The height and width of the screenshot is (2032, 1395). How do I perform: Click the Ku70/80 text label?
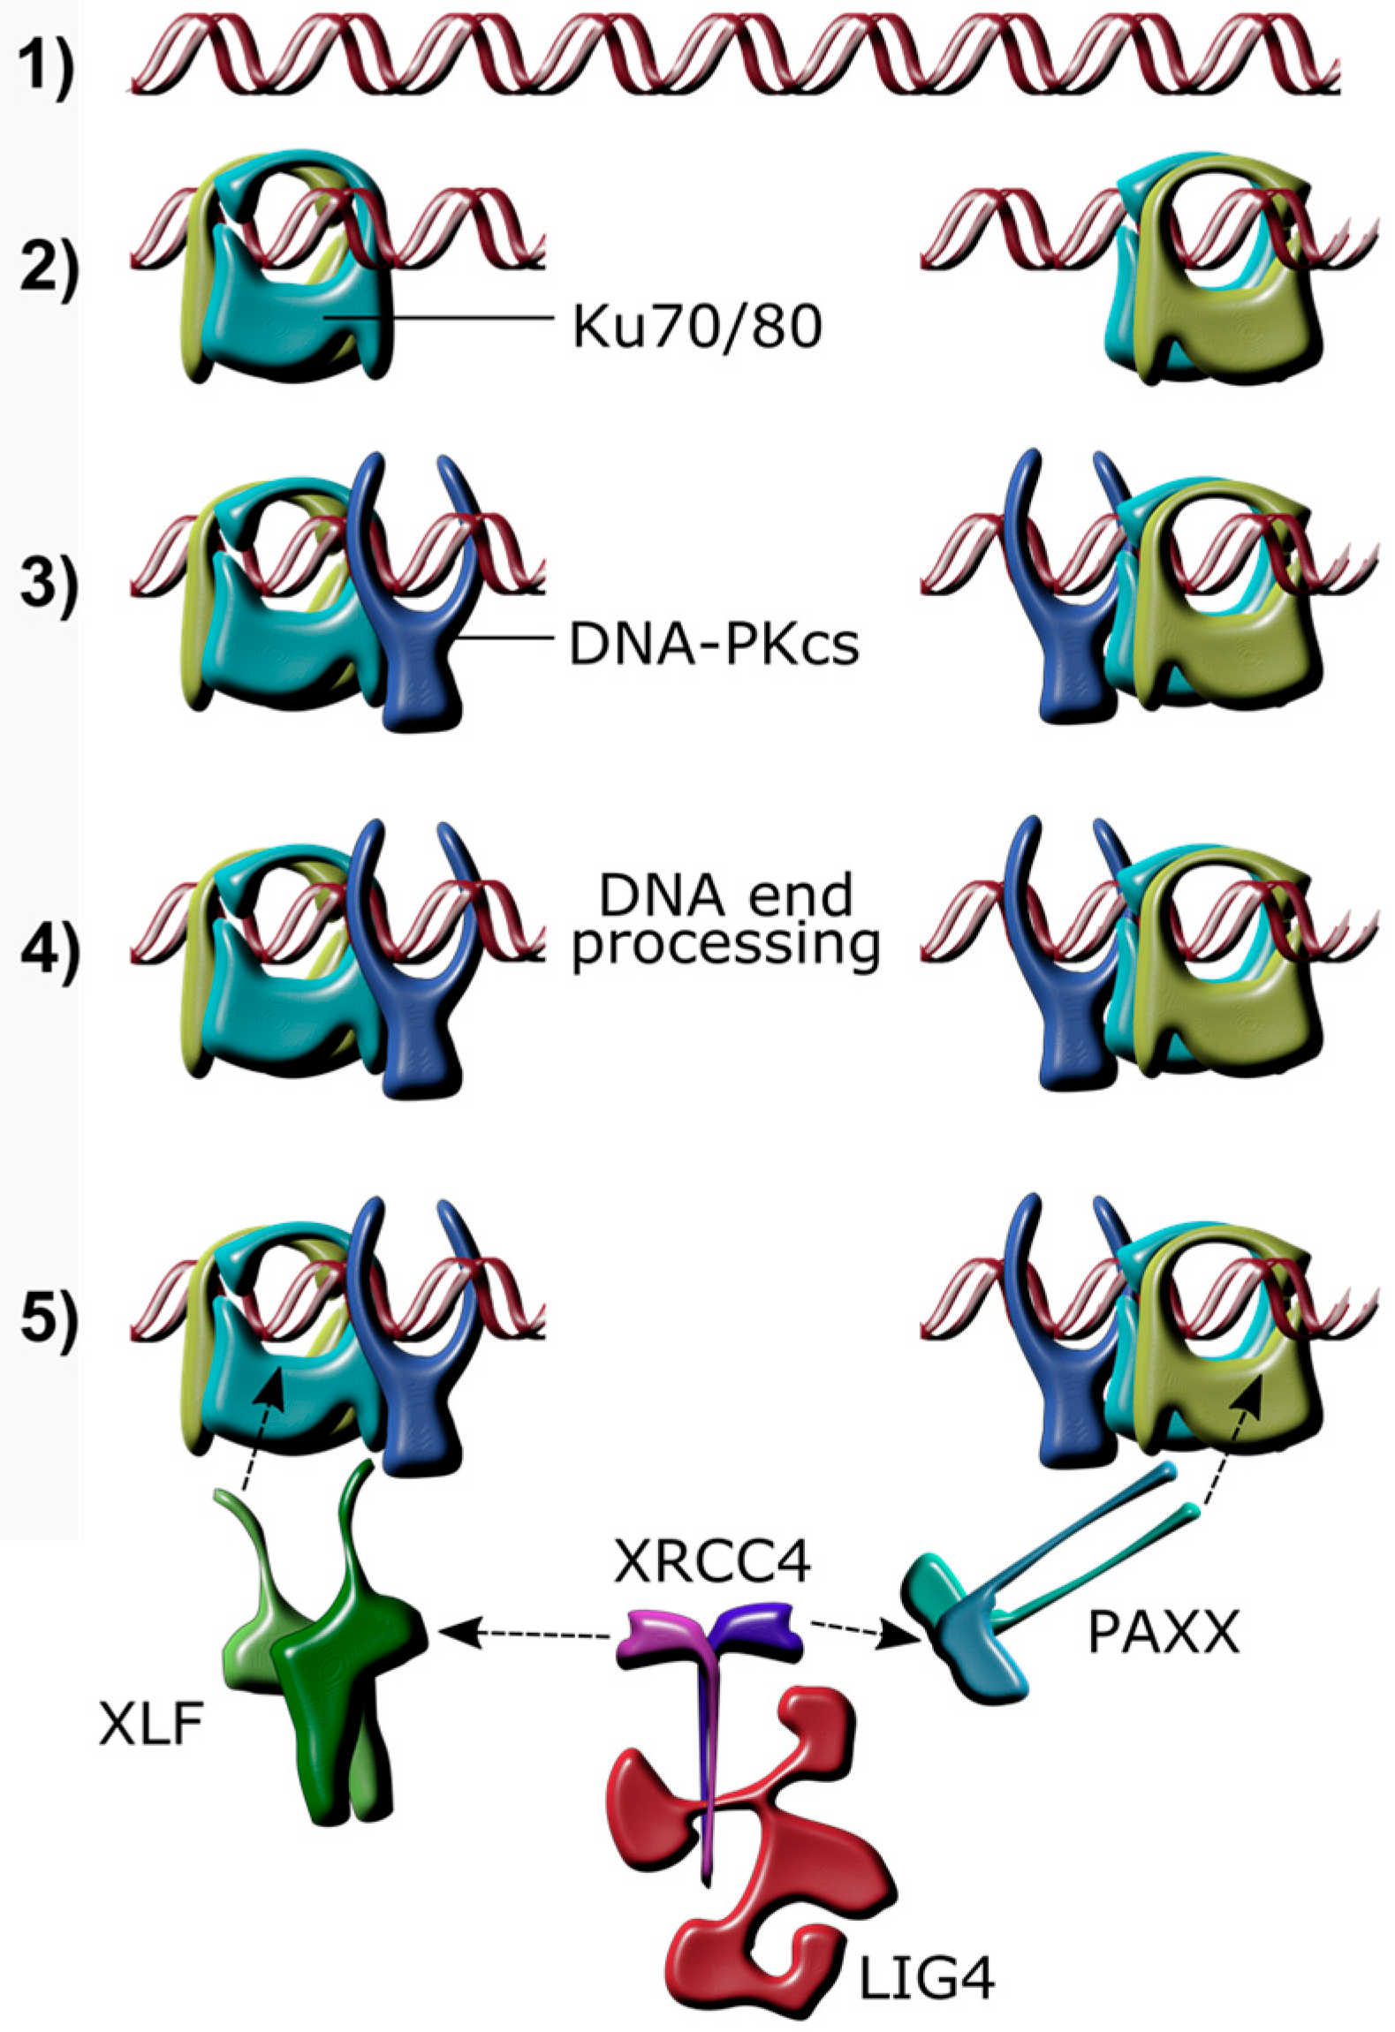[697, 327]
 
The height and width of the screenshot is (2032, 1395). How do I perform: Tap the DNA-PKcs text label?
[713, 646]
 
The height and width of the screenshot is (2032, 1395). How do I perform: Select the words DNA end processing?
[724, 920]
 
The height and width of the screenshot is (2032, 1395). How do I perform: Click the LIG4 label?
[927, 1978]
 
